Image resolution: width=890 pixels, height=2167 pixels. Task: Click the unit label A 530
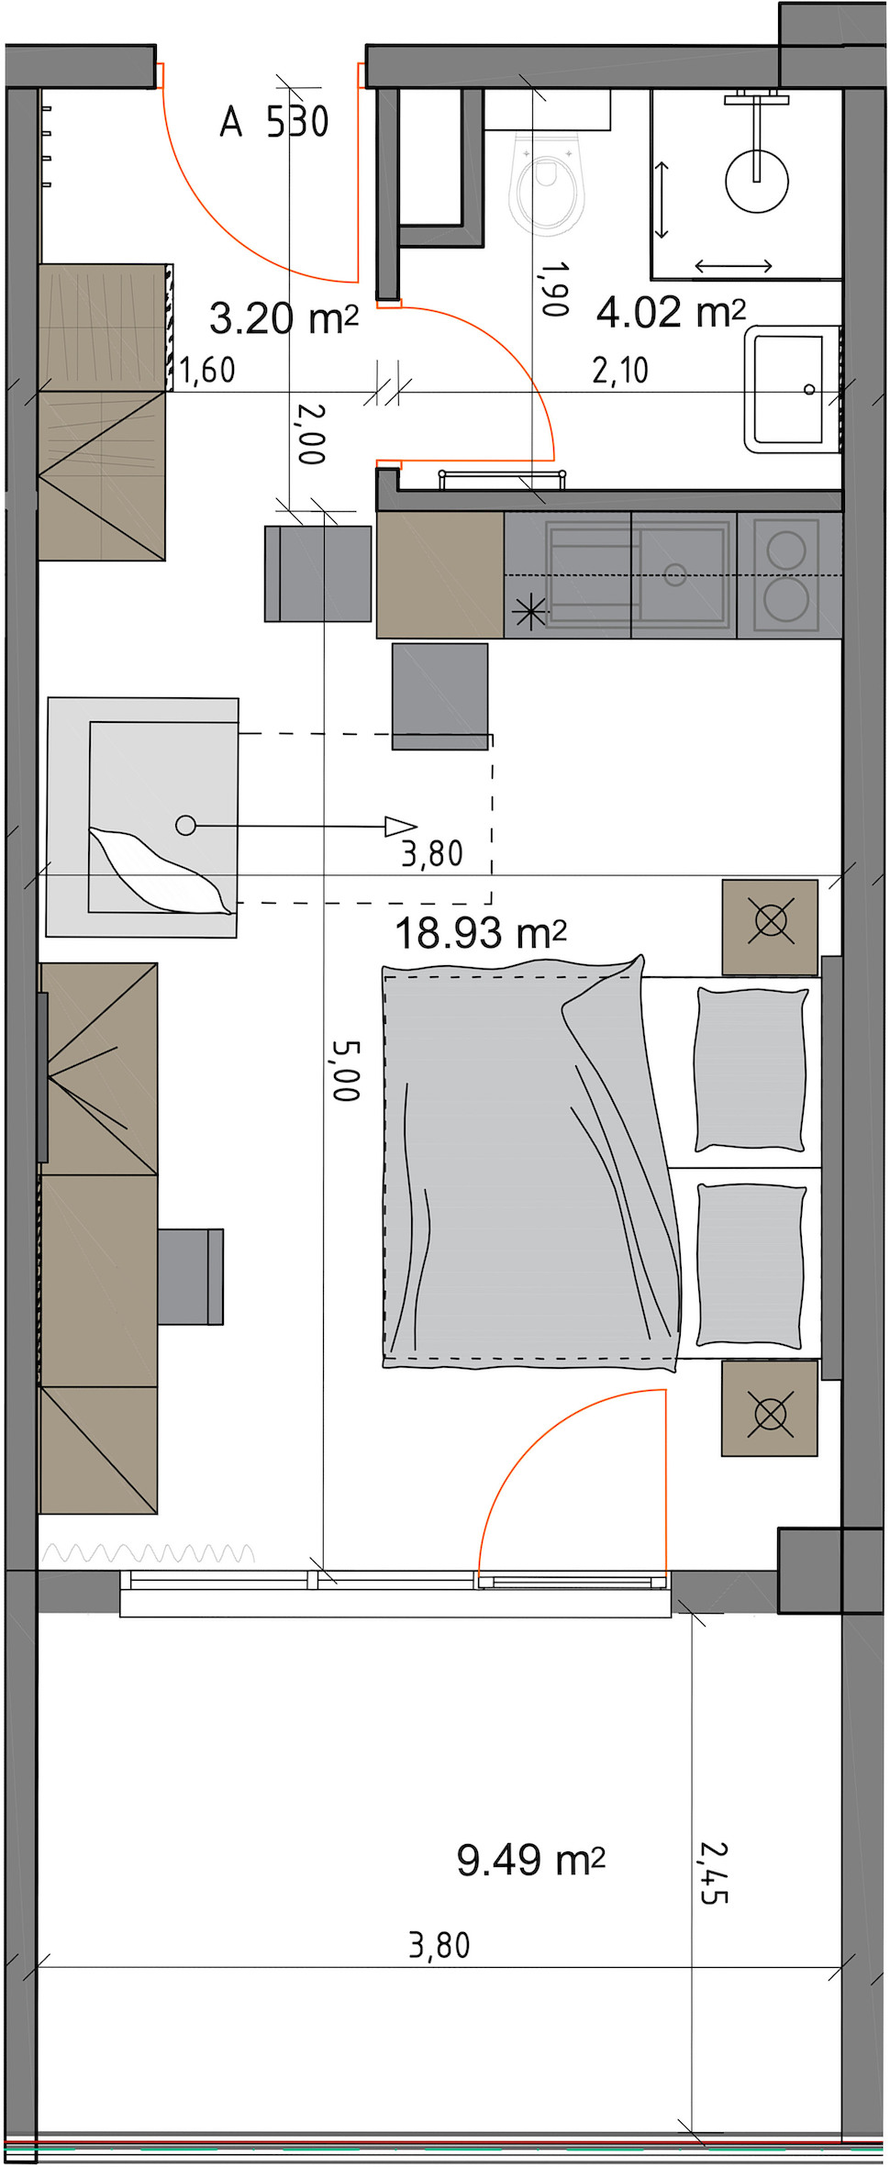pyautogui.click(x=274, y=121)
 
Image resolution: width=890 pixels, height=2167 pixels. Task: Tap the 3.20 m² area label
pyautogui.click(x=284, y=318)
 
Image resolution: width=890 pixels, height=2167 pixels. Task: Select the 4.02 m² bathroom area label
pyautogui.click(x=671, y=312)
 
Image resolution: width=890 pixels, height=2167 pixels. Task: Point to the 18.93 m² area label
pyautogui.click(x=480, y=933)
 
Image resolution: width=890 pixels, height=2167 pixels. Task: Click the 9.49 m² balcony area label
pyautogui.click(x=531, y=1860)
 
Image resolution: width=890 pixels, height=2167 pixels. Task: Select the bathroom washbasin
pyautogui.click(x=792, y=389)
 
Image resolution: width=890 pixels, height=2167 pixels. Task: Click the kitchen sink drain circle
pyautogui.click(x=675, y=575)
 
